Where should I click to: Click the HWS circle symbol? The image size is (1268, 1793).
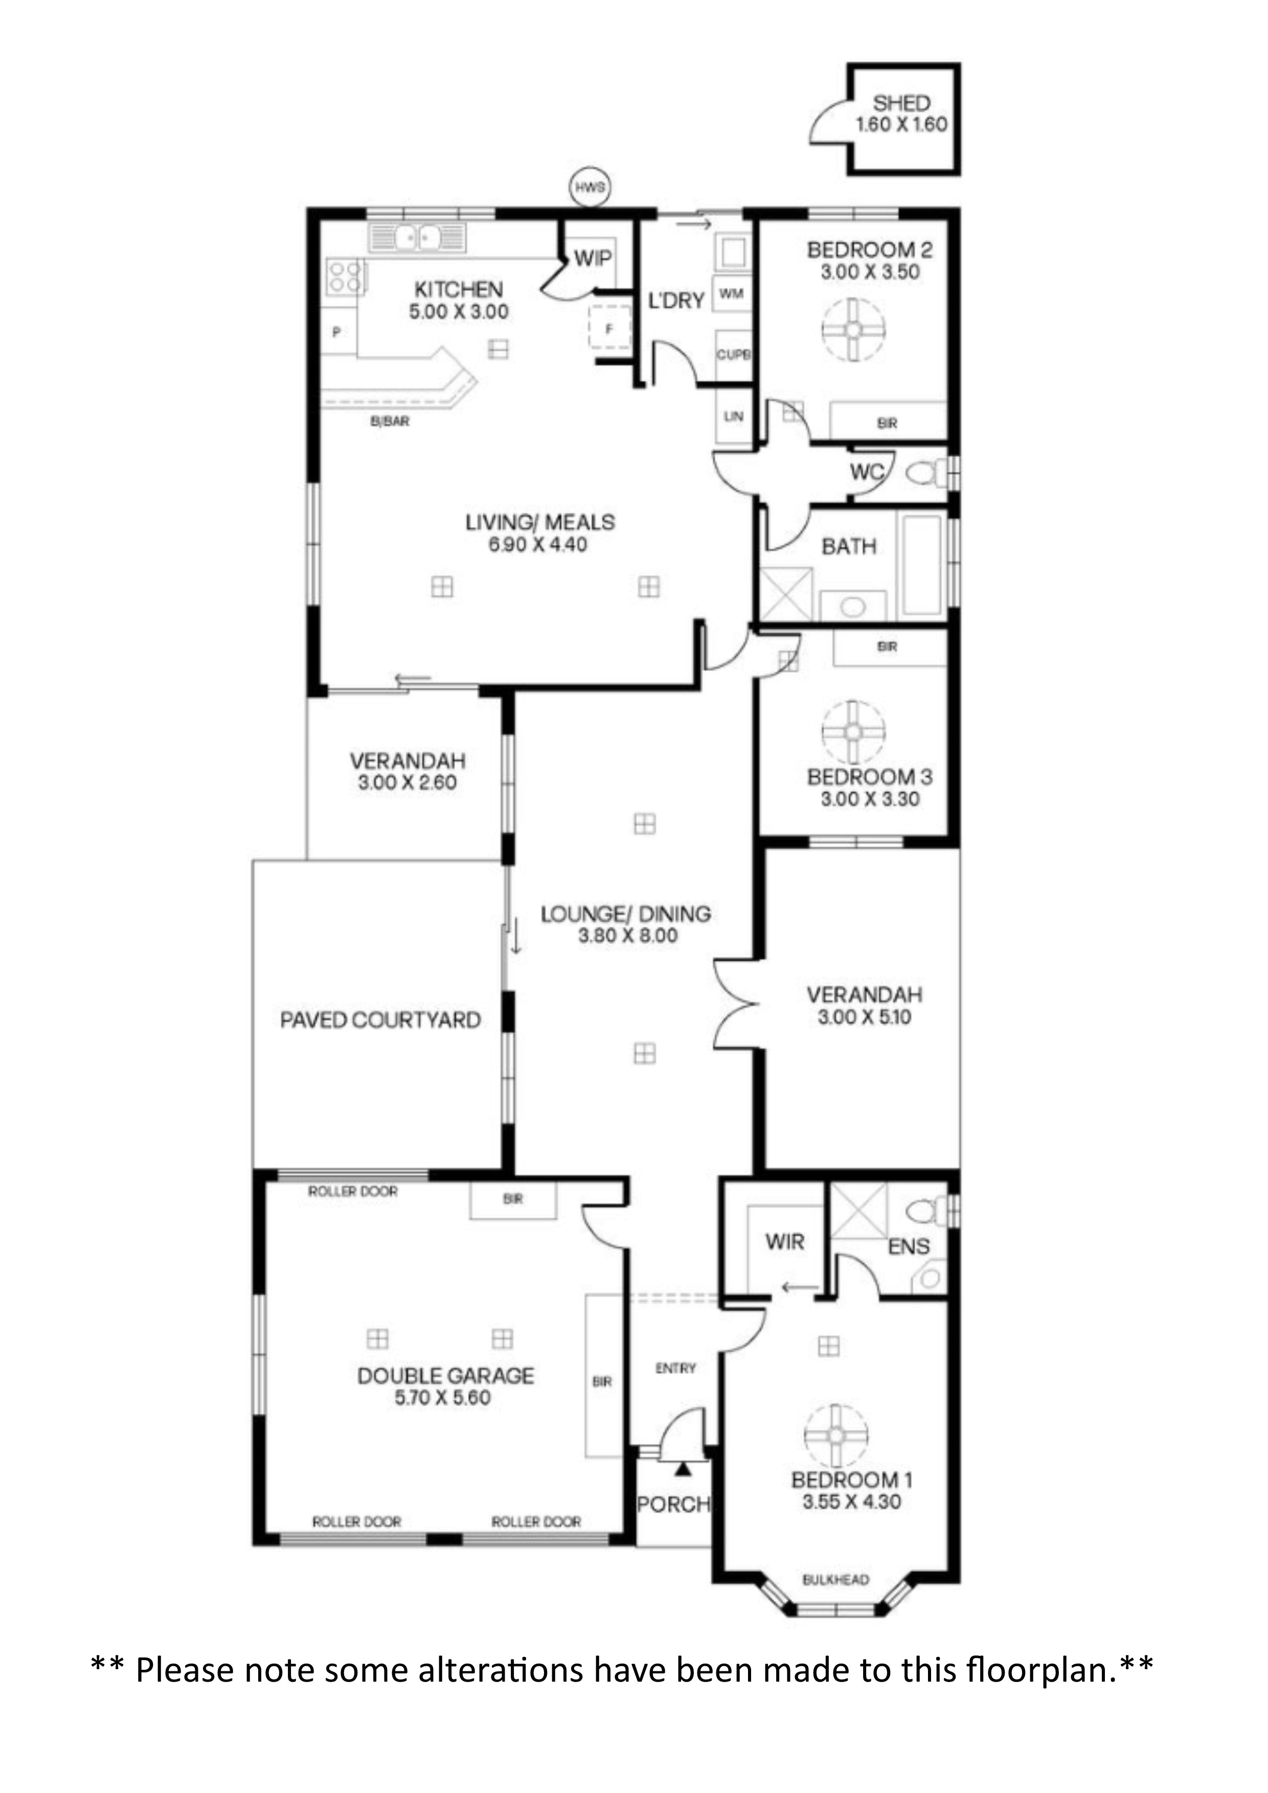(x=590, y=188)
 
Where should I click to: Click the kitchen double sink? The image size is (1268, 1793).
(x=417, y=237)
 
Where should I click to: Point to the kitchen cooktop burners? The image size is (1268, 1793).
(x=345, y=277)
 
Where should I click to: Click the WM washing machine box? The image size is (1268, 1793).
(x=731, y=293)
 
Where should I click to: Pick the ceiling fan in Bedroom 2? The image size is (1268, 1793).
(x=853, y=330)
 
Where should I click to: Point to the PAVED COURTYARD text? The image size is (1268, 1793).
(x=380, y=1020)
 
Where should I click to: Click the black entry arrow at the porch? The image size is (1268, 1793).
(x=684, y=1469)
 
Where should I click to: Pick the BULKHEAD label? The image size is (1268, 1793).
(x=836, y=1580)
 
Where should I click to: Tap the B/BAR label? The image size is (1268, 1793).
(x=390, y=422)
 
